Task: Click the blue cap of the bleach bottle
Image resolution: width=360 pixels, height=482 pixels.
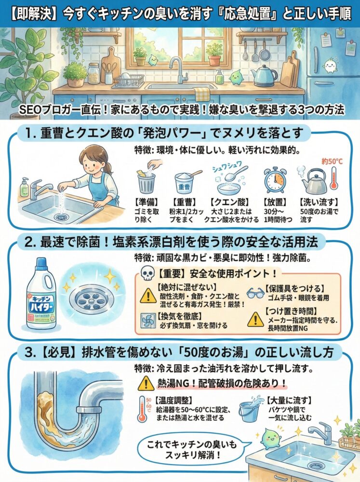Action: (x=42, y=263)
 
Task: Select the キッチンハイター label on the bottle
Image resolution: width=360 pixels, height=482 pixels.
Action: (x=42, y=302)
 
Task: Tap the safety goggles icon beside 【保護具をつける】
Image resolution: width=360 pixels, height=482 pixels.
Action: (x=255, y=292)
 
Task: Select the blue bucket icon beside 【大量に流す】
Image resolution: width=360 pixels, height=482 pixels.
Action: (x=251, y=411)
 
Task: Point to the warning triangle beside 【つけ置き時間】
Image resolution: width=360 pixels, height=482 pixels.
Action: (x=255, y=318)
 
